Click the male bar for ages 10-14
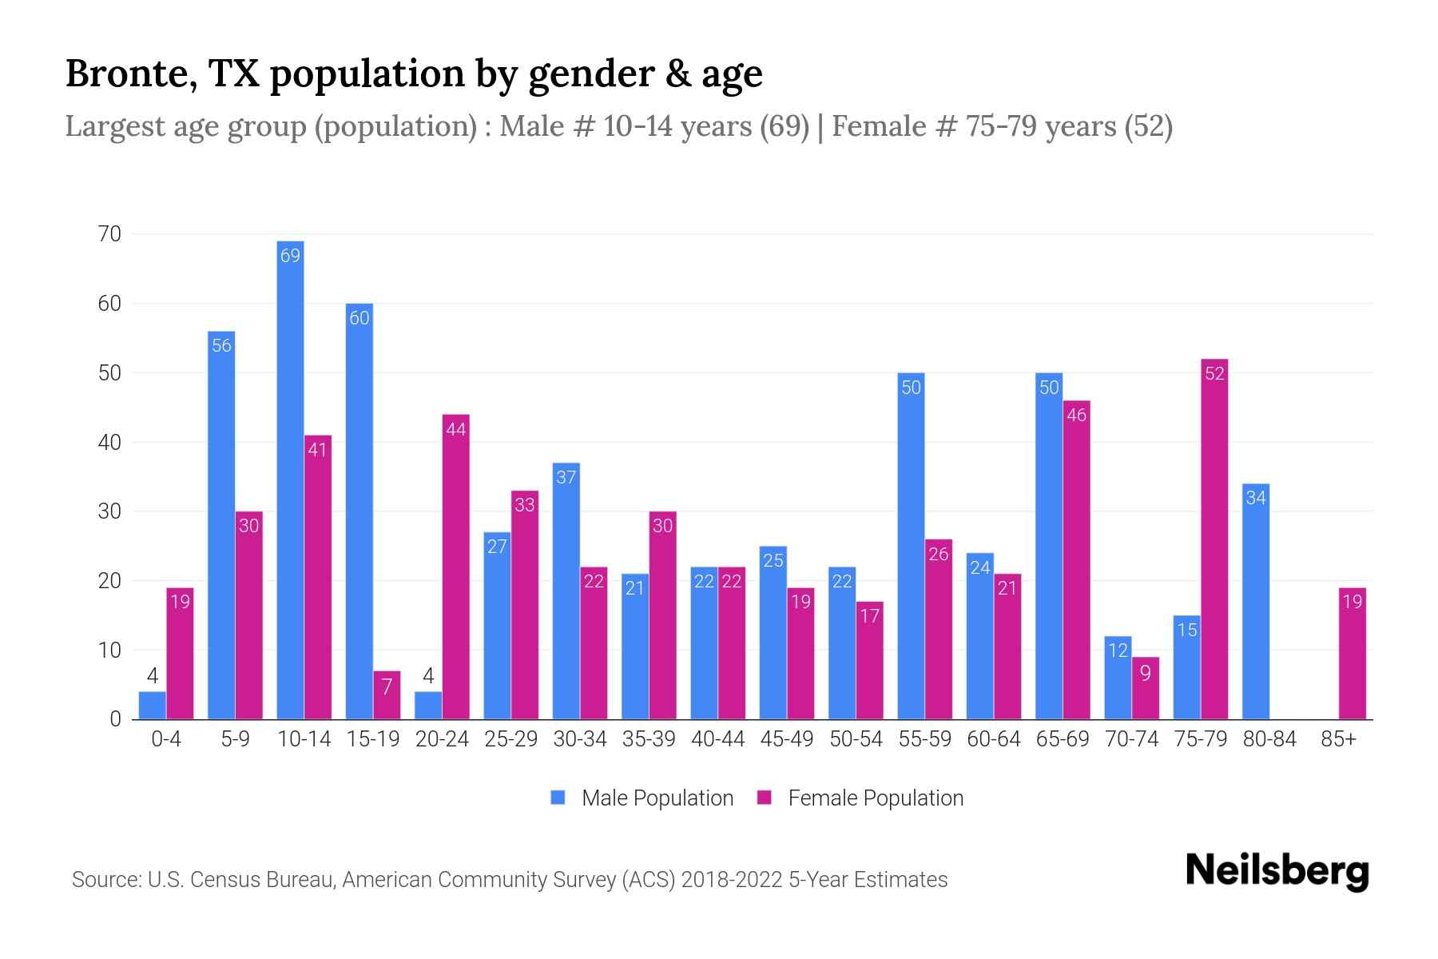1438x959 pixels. (290, 479)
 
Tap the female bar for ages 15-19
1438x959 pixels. (387, 694)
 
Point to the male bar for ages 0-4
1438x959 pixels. (152, 705)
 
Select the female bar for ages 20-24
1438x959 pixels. (455, 567)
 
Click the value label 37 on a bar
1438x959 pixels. (566, 478)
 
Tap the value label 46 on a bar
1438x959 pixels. (1076, 416)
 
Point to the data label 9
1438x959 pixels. (1145, 674)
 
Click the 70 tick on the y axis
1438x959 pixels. (109, 234)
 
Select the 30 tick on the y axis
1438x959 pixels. (109, 511)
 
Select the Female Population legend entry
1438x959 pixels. (860, 798)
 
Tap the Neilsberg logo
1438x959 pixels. (1277, 871)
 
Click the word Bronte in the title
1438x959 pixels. (131, 74)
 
